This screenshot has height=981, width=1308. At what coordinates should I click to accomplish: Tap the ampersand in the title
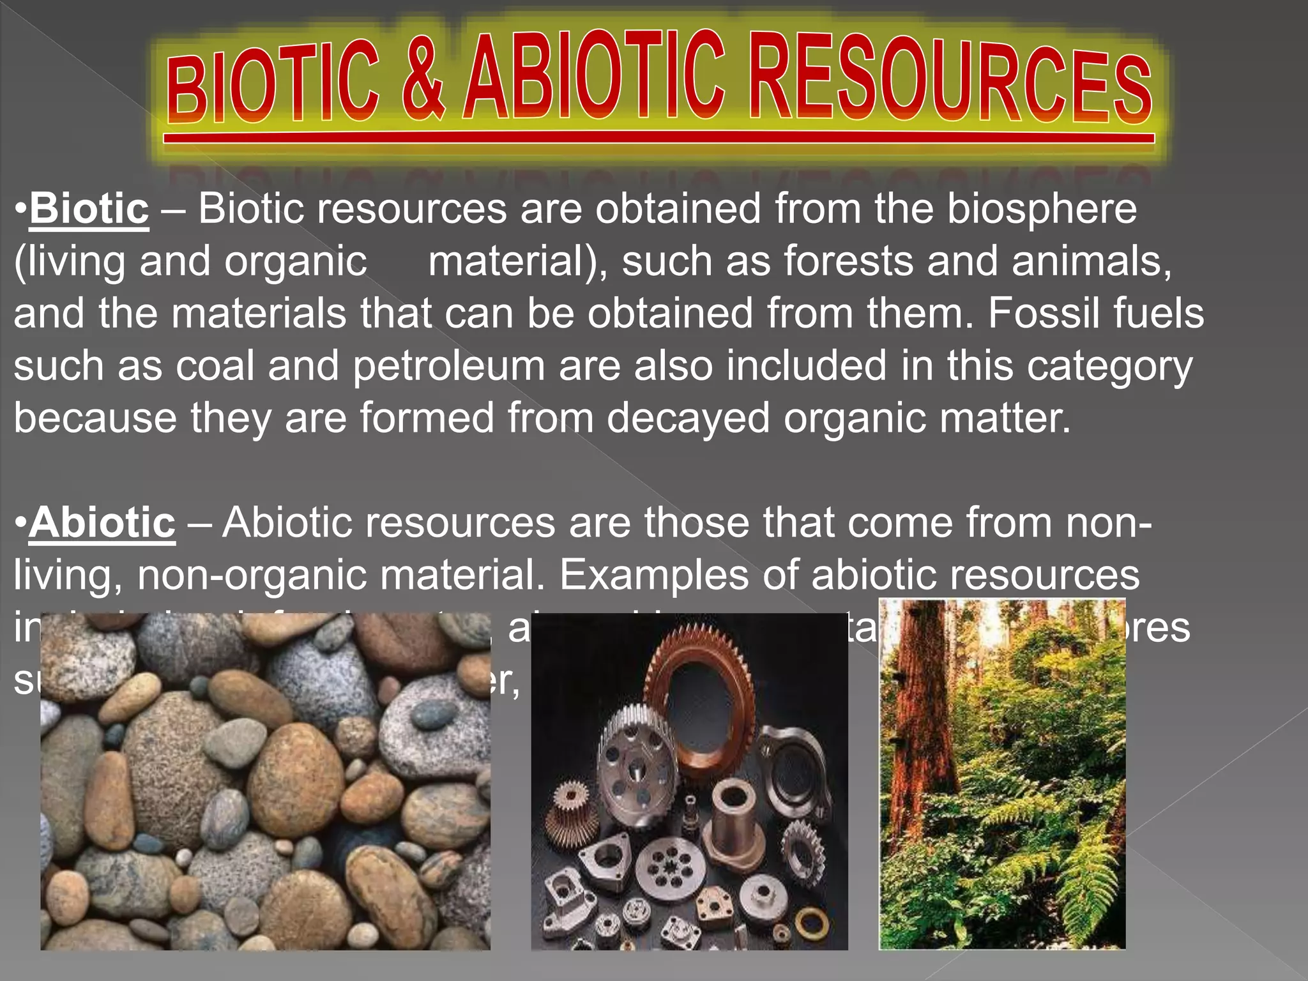[423, 77]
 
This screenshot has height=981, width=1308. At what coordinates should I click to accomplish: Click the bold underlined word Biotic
[89, 209]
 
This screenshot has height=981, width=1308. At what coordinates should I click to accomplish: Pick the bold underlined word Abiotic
[102, 522]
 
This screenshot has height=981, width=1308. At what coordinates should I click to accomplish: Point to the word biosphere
[1042, 209]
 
